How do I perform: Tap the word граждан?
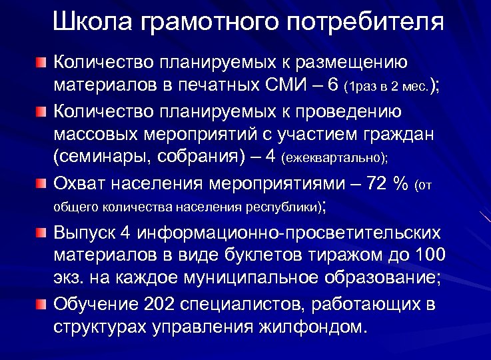tap(402, 134)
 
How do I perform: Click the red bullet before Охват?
tap(42, 183)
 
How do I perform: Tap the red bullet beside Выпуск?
tap(42, 232)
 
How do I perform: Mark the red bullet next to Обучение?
tap(42, 305)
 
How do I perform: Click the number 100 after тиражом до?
tap(430, 256)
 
